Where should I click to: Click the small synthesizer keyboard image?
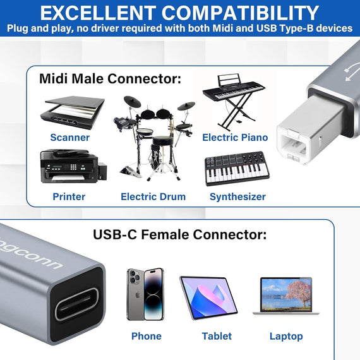(x=236, y=169)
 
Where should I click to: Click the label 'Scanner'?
(x=69, y=137)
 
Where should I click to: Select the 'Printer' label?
(x=69, y=196)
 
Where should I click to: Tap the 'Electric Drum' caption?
(x=153, y=196)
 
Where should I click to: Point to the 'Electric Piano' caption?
(x=235, y=137)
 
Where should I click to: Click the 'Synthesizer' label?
(x=237, y=196)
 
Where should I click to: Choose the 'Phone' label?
(x=146, y=336)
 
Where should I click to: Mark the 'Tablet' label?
(x=217, y=336)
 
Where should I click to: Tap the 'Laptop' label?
(x=286, y=336)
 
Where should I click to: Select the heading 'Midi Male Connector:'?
(x=110, y=79)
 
